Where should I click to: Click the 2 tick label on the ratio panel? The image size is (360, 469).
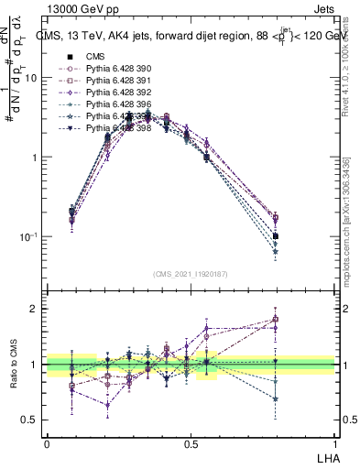36,309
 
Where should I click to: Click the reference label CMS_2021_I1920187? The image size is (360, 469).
191,274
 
